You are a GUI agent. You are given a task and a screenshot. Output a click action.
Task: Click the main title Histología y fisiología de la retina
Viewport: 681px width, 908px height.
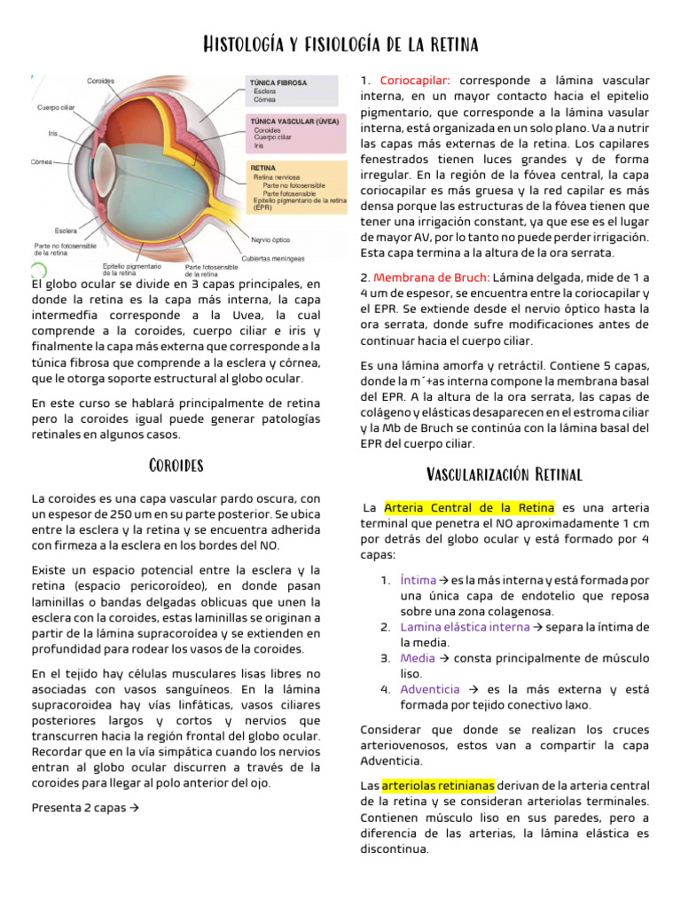340,43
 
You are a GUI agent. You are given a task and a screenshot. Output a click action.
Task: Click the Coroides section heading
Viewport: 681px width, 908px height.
176,466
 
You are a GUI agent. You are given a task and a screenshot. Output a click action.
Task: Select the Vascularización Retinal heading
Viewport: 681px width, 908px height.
505,474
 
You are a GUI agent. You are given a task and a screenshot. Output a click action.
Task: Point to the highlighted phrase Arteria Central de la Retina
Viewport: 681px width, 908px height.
469,508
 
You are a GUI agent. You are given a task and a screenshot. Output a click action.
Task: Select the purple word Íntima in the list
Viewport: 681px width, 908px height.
419,580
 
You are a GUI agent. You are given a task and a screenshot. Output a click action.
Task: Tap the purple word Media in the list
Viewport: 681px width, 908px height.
418,658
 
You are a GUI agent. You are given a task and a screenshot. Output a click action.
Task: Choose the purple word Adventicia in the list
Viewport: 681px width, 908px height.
430,689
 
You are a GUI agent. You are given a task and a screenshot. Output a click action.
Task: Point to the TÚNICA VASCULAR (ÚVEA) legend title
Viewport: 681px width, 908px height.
294,121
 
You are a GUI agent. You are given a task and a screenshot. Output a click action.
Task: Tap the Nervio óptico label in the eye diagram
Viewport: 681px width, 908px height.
270,239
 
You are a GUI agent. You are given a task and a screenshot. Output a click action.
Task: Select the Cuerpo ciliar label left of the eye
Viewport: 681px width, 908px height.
55,107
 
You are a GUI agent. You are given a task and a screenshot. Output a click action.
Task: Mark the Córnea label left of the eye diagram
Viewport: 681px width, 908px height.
41,162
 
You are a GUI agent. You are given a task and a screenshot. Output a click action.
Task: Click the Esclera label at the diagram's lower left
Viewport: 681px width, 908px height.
65,231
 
